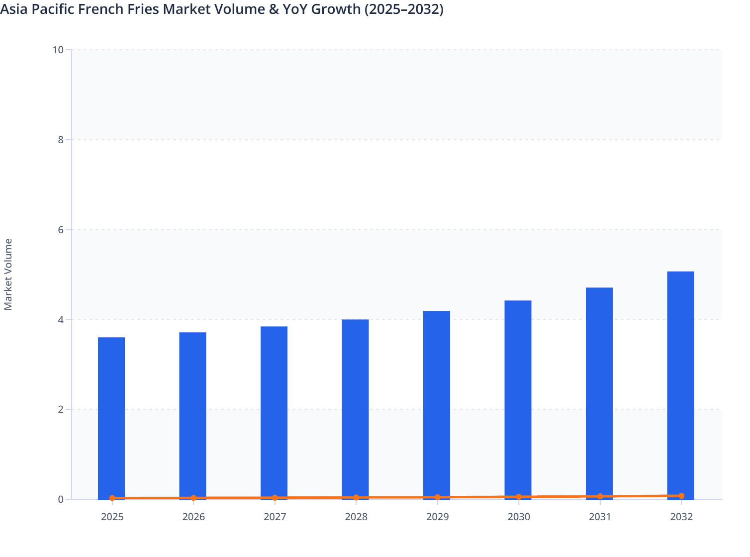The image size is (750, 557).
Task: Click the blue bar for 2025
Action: pyautogui.click(x=111, y=418)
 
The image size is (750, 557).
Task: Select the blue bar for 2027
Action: pyautogui.click(x=274, y=412)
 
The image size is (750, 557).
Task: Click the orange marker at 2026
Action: pyautogui.click(x=193, y=498)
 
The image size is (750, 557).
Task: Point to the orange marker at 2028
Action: pyautogui.click(x=356, y=497)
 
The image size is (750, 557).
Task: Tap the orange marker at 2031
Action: pyautogui.click(x=600, y=496)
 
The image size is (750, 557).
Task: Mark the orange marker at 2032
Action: pyautogui.click(x=681, y=496)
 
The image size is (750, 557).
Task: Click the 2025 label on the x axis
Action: pyautogui.click(x=112, y=517)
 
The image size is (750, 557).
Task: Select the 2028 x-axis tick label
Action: pyautogui.click(x=356, y=517)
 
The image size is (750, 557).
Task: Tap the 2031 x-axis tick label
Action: pyautogui.click(x=600, y=517)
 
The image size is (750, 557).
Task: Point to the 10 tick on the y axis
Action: pyautogui.click(x=58, y=50)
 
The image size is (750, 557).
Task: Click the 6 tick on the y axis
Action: pyautogui.click(x=60, y=230)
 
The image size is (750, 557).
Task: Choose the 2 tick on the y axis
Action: pyautogui.click(x=60, y=409)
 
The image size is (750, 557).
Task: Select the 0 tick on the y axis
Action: pyautogui.click(x=60, y=499)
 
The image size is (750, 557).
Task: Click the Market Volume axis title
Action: pyautogui.click(x=8, y=275)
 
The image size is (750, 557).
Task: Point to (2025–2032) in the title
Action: pyautogui.click(x=403, y=9)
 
